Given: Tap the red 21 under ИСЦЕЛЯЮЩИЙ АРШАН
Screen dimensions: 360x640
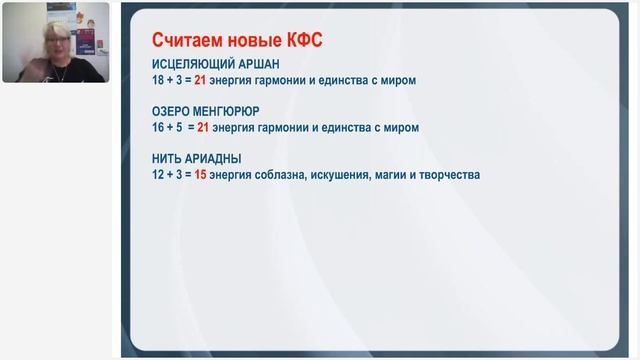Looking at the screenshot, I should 203,79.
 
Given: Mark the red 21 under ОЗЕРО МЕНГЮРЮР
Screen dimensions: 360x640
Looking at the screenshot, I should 205,127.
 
